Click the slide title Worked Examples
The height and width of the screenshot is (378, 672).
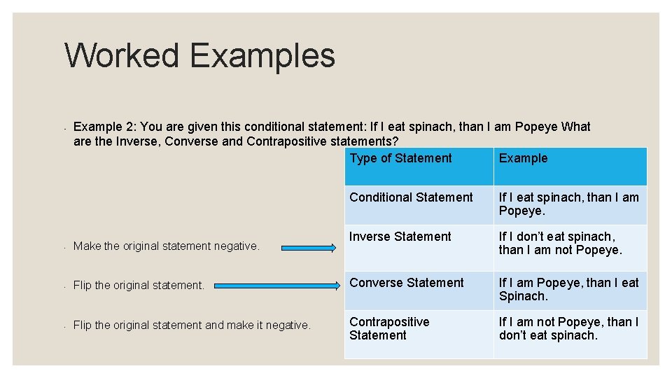pos(199,55)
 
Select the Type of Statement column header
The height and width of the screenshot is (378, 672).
pos(400,158)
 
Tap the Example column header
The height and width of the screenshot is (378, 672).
pos(523,158)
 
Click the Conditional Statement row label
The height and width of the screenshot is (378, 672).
pos(411,197)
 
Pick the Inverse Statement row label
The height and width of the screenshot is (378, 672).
pos(400,237)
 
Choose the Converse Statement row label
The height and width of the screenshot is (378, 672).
pos(406,283)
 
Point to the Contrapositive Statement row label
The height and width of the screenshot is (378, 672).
pos(389,328)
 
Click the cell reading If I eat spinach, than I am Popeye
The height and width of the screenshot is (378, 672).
pos(568,204)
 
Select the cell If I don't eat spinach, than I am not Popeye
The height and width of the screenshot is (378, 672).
pos(560,243)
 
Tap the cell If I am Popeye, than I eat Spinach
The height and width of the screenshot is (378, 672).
pos(568,289)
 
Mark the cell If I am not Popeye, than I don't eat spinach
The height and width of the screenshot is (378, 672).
pos(568,328)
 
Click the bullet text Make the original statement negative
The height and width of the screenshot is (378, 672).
pos(166,246)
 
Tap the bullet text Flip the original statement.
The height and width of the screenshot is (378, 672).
pos(139,286)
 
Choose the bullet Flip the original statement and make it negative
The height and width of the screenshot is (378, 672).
pos(192,325)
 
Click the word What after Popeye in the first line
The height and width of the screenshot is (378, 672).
pos(576,127)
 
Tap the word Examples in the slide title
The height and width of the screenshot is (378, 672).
pos(262,55)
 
